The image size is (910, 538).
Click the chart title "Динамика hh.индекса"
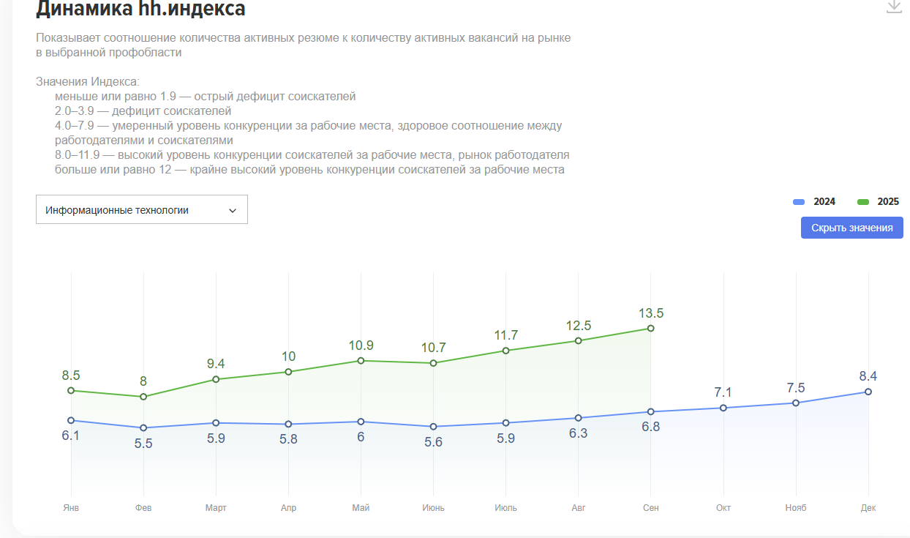coord(140,9)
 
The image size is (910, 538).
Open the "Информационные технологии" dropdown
coord(141,210)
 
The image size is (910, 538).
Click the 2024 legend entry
coord(815,202)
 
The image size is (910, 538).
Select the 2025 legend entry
coord(879,202)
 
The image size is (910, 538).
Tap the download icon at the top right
coord(893,7)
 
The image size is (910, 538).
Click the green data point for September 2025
coord(650,329)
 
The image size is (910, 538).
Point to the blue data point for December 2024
coord(868,392)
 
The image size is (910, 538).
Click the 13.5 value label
coord(650,313)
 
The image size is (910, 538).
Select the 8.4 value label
coord(868,377)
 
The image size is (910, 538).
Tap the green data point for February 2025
coord(143,397)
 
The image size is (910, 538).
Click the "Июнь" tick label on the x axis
coord(433,508)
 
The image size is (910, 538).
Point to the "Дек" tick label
coord(868,508)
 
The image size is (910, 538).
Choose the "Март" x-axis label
coord(216,508)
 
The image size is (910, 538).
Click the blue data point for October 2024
coord(723,408)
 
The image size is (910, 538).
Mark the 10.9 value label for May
coord(361,345)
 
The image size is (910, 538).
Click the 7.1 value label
coord(723,393)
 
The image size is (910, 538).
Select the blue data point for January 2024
coord(71,420)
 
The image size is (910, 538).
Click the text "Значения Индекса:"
coord(87,81)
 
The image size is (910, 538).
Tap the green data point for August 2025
coord(578,341)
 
